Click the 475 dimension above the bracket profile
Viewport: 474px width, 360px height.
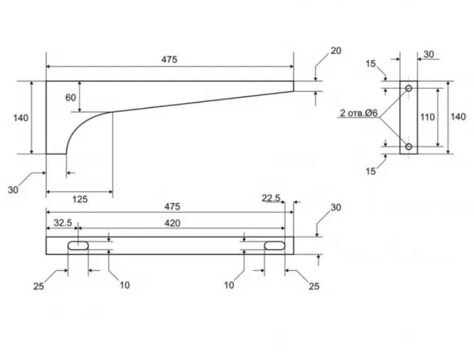(x=169, y=59)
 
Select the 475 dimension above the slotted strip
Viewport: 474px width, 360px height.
(x=172, y=207)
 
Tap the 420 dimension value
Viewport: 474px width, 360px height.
(x=172, y=223)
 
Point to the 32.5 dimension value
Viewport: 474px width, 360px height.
(x=62, y=223)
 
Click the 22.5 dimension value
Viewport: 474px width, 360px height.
(x=271, y=198)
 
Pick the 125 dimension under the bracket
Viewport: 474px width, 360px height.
(x=79, y=199)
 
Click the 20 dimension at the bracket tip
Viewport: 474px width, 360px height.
(x=336, y=50)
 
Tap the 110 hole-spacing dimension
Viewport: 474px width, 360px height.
(x=428, y=117)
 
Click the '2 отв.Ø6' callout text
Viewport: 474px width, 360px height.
(x=358, y=113)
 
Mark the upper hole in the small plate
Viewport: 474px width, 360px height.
(x=409, y=88)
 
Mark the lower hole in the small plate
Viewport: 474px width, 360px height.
(x=409, y=147)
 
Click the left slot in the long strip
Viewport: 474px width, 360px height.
(x=78, y=246)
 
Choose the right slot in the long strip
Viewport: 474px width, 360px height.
(x=274, y=246)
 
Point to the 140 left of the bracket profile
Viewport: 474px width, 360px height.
(x=21, y=117)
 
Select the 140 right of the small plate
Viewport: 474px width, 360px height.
(x=457, y=117)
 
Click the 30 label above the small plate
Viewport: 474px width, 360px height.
(x=428, y=55)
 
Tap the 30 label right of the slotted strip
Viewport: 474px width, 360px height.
(x=336, y=207)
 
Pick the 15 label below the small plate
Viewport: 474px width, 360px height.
(x=370, y=171)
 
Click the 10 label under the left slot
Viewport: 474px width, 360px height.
(x=125, y=285)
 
